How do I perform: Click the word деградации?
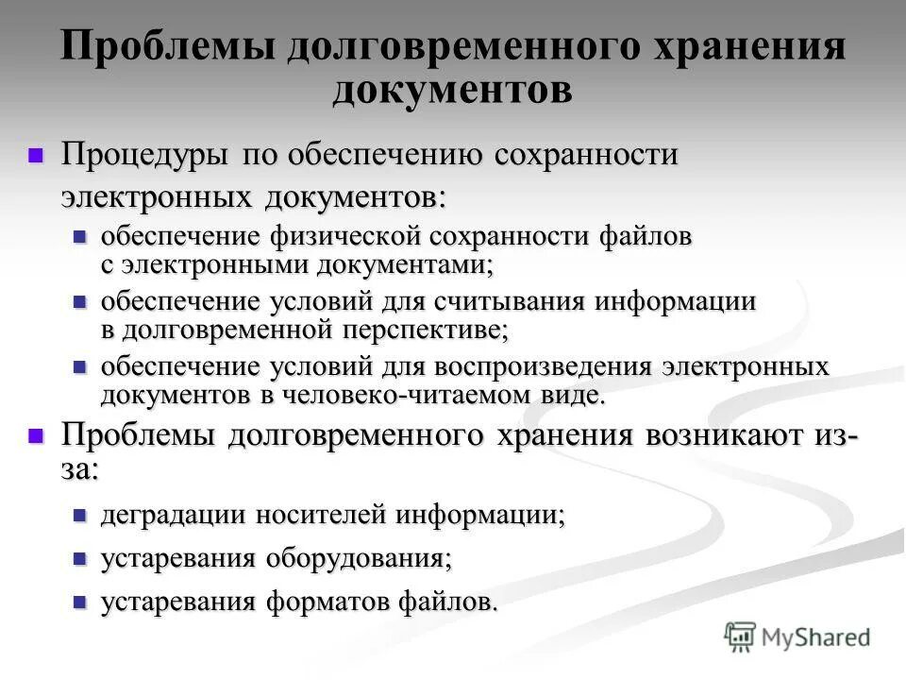pos(173,516)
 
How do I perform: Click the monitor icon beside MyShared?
pos(741,637)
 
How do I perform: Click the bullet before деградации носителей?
pos(80,516)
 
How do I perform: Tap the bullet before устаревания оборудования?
pos(80,558)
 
